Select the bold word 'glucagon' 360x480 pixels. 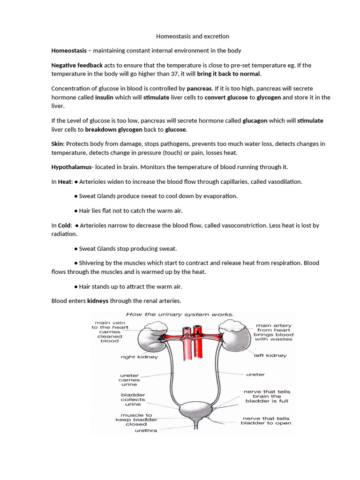(x=255, y=120)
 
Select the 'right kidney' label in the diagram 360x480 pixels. (x=139, y=357)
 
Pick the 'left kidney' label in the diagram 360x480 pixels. (x=270, y=355)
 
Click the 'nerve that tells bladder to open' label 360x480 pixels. (x=266, y=420)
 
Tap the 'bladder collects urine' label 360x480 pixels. (x=133, y=399)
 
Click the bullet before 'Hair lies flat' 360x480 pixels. (x=76, y=211)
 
